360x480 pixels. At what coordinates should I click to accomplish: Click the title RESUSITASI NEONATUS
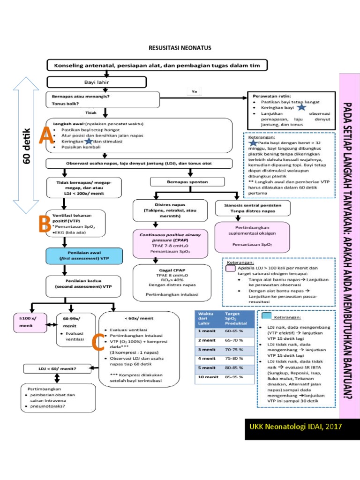click(180, 48)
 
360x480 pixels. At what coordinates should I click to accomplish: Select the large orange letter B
click(45, 224)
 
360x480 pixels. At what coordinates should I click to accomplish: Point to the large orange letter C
click(98, 342)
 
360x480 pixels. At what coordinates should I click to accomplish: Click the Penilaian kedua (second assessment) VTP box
click(84, 283)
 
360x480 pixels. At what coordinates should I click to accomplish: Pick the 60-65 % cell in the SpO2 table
click(233, 330)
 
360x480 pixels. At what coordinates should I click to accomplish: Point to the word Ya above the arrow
click(194, 91)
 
